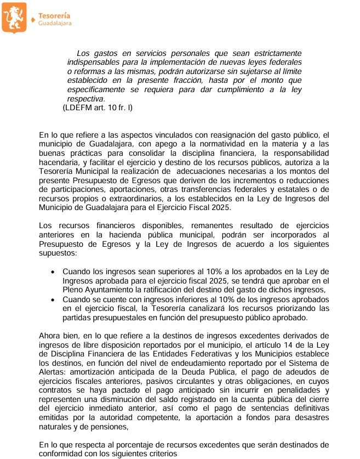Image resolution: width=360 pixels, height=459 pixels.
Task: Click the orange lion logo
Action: click(x=14, y=17)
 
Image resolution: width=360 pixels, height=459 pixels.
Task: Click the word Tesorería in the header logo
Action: click(x=54, y=16)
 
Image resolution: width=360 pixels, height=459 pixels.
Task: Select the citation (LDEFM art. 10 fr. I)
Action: click(x=98, y=108)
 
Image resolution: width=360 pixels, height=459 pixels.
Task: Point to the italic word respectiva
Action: click(x=85, y=99)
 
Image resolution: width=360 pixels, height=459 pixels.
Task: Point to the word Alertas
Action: click(x=55, y=371)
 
